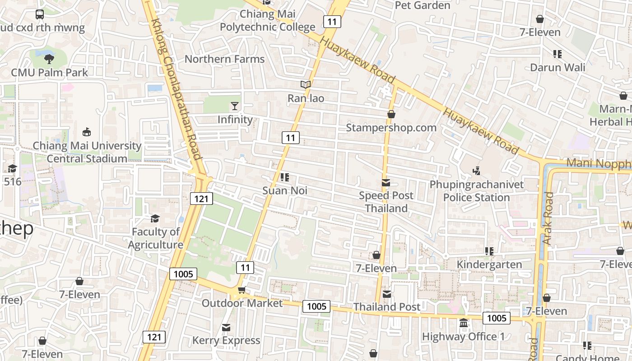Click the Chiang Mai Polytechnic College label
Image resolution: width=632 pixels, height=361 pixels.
click(x=267, y=21)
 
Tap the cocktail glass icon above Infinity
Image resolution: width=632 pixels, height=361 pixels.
click(x=235, y=106)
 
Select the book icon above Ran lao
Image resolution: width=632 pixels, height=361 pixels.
click(x=306, y=85)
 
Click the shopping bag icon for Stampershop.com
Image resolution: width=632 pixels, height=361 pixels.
click(x=391, y=115)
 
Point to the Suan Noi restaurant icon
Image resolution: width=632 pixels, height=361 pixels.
click(x=284, y=177)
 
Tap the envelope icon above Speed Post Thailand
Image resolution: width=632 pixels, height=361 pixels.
click(x=386, y=183)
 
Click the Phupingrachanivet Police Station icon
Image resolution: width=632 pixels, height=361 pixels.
click(x=476, y=171)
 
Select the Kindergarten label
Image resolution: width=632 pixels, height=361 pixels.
click(x=489, y=264)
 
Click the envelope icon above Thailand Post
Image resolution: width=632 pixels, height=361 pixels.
click(x=387, y=294)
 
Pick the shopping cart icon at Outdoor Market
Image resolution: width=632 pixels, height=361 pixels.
click(x=242, y=290)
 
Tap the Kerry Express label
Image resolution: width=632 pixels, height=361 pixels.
click(x=226, y=340)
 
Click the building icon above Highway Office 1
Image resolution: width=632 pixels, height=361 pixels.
click(x=464, y=323)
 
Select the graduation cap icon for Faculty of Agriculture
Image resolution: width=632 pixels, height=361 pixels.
click(x=155, y=219)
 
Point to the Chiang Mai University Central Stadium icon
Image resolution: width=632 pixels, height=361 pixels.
click(x=87, y=132)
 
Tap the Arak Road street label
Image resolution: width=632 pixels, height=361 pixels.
click(x=548, y=218)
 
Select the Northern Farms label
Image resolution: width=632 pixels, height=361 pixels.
click(x=224, y=59)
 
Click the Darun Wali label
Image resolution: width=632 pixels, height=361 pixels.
click(x=557, y=68)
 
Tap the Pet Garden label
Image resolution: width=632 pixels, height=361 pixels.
click(x=423, y=5)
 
